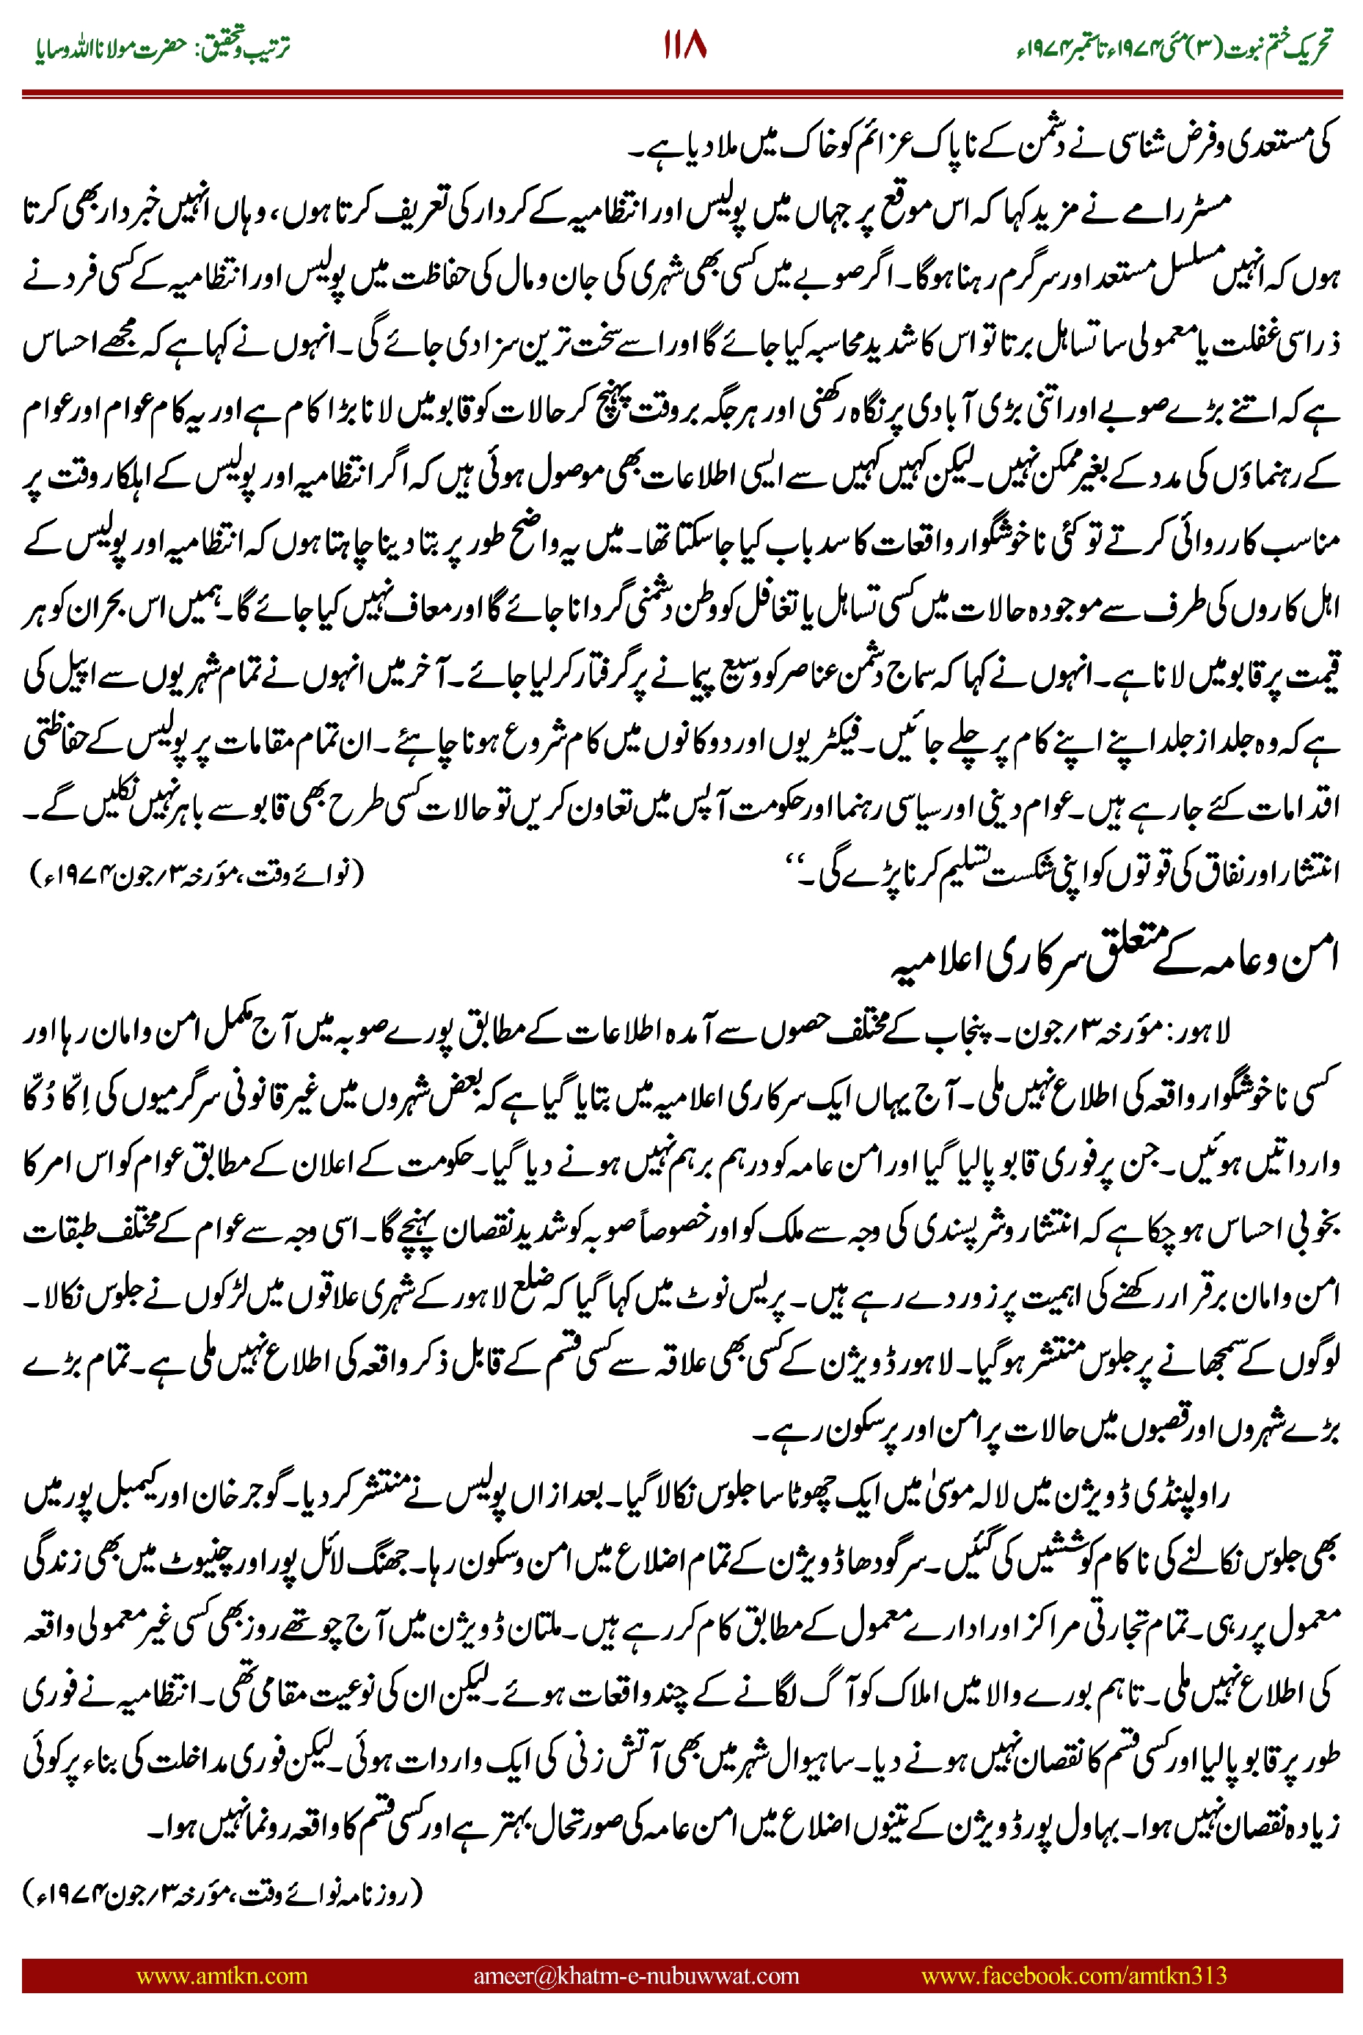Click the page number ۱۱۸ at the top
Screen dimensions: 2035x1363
(685, 45)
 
